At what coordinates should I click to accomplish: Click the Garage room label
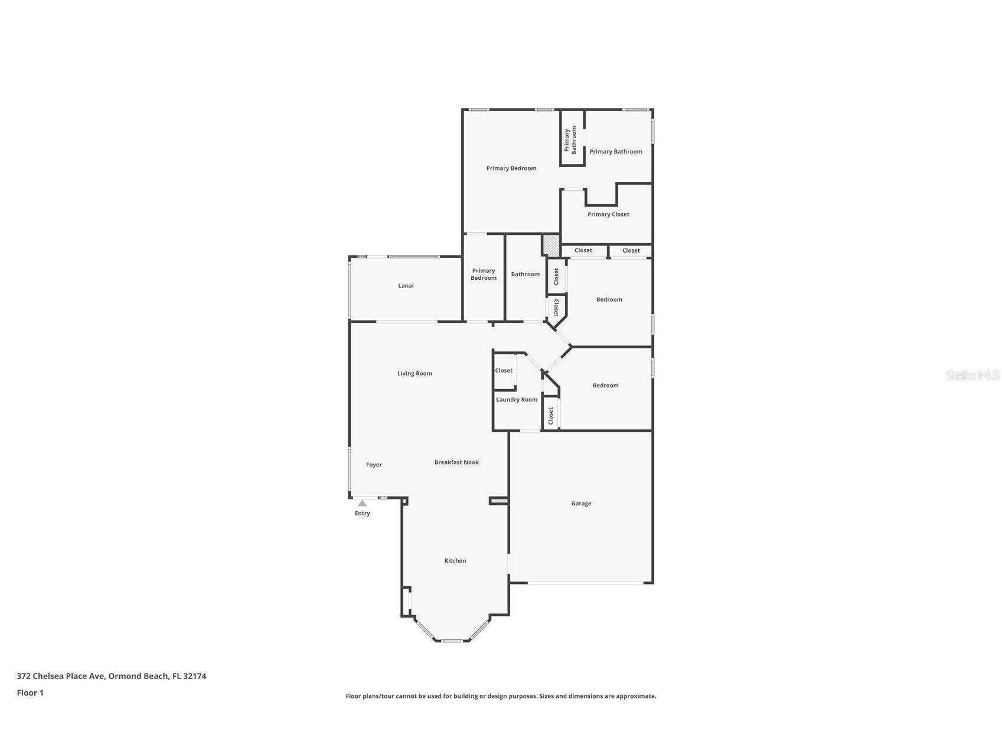click(x=581, y=504)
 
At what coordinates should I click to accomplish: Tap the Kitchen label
click(x=455, y=561)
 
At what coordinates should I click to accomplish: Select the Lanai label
click(x=406, y=286)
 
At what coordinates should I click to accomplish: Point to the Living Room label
click(x=414, y=374)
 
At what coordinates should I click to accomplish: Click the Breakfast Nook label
click(x=456, y=462)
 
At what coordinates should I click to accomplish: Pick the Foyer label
click(x=374, y=465)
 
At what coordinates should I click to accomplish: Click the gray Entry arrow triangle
click(x=362, y=504)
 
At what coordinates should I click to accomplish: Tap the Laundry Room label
click(x=517, y=400)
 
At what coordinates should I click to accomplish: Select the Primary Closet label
click(x=608, y=214)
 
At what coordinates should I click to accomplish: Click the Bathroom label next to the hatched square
click(x=525, y=275)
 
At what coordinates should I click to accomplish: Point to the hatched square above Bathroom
click(x=551, y=244)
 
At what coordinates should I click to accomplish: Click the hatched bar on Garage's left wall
click(x=499, y=501)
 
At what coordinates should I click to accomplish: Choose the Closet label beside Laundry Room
click(x=504, y=371)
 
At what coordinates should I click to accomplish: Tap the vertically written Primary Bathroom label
click(x=570, y=141)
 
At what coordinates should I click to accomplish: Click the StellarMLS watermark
click(x=972, y=375)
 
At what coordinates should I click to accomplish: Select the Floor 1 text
click(x=30, y=693)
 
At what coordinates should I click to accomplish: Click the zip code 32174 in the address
click(x=194, y=677)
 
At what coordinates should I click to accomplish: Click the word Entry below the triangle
click(x=362, y=514)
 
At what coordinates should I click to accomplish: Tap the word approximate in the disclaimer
click(x=635, y=696)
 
